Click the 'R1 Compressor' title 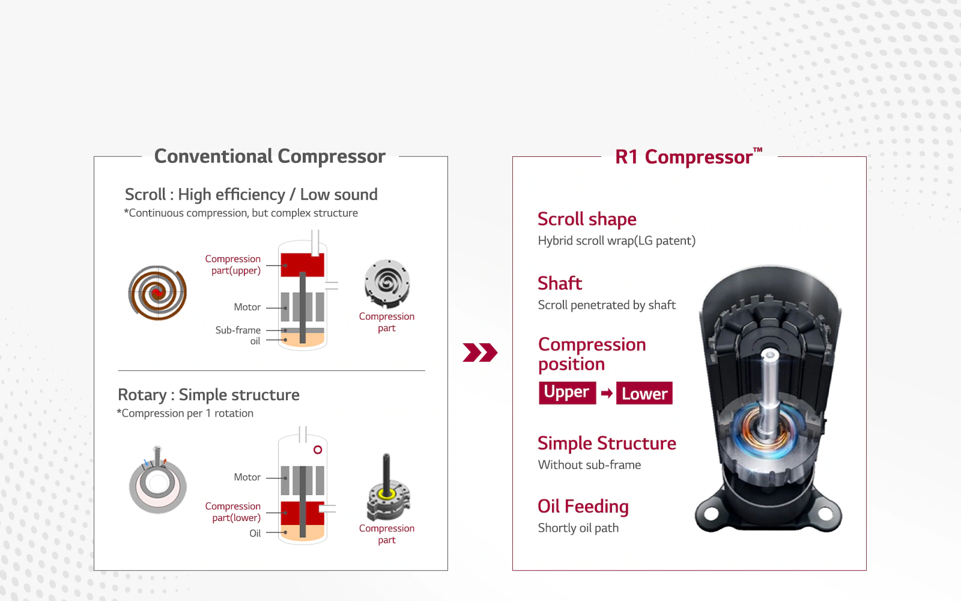688,157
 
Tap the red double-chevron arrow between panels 480,352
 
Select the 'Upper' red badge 567,393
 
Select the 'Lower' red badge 644,393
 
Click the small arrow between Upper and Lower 607,393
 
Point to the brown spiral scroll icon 157,293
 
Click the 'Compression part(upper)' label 232,264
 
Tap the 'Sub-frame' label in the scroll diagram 238,330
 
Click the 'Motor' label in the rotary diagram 247,477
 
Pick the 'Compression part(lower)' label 232,511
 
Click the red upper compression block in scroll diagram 303,265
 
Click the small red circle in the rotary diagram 318,450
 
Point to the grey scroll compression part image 387,283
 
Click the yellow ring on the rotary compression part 387,495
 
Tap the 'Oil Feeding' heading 583,507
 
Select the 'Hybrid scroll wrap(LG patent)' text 616,241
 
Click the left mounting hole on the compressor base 711,513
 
